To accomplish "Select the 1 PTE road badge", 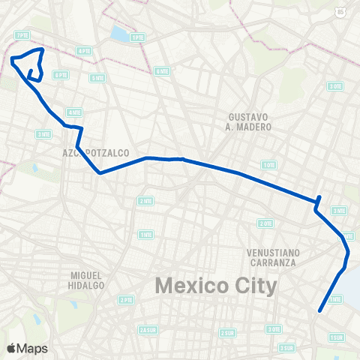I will (x=136, y=37).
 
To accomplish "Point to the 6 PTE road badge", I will (x=61, y=75).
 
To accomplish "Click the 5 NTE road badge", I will (x=97, y=78).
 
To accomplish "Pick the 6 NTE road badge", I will (x=161, y=71).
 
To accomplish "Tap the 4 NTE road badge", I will (x=73, y=112).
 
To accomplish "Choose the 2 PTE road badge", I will (x=124, y=300).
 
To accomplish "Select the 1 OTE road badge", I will (x=268, y=165).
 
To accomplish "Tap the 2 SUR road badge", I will (x=226, y=332).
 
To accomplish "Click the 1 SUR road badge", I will (x=335, y=337).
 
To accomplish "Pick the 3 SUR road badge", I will (x=286, y=348).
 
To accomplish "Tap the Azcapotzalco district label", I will (x=97, y=152).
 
